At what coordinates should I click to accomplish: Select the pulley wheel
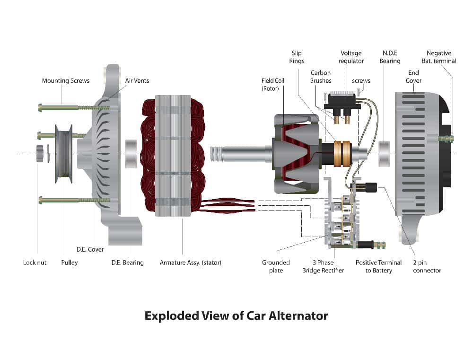63,153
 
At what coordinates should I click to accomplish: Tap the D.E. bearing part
131,154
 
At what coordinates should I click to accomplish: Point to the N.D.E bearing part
385,153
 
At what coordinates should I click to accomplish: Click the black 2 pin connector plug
370,187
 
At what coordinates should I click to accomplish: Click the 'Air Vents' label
137,81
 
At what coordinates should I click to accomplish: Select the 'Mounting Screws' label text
66,81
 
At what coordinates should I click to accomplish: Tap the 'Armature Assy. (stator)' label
190,263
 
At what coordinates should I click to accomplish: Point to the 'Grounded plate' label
276,266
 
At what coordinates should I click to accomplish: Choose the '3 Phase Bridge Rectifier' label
323,266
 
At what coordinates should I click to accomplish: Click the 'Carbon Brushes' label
320,77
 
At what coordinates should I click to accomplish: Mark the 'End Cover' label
414,77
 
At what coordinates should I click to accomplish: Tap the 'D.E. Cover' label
90,249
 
